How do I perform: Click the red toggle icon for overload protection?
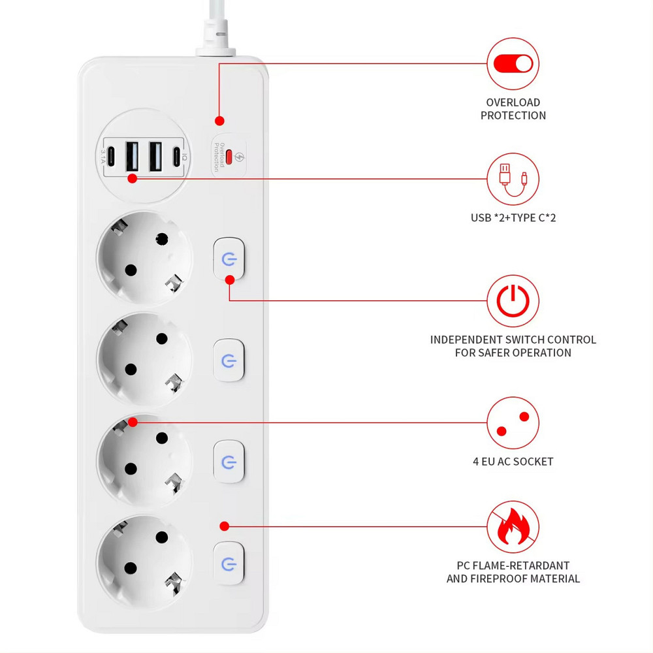pyautogui.click(x=513, y=63)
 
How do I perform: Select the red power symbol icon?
pyautogui.click(x=513, y=301)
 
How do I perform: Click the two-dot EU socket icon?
pyautogui.click(x=513, y=423)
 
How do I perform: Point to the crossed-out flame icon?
pyautogui.click(x=513, y=526)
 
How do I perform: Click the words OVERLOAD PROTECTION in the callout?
pyautogui.click(x=513, y=109)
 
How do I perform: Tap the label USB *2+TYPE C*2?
pyautogui.click(x=513, y=217)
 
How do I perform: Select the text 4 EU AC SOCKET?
pyautogui.click(x=513, y=462)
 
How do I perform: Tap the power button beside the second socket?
pyautogui.click(x=229, y=360)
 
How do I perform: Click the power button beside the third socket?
pyautogui.click(x=229, y=462)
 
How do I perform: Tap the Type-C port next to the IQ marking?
pyautogui.click(x=176, y=157)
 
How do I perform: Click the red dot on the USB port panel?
pyautogui.click(x=133, y=178)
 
